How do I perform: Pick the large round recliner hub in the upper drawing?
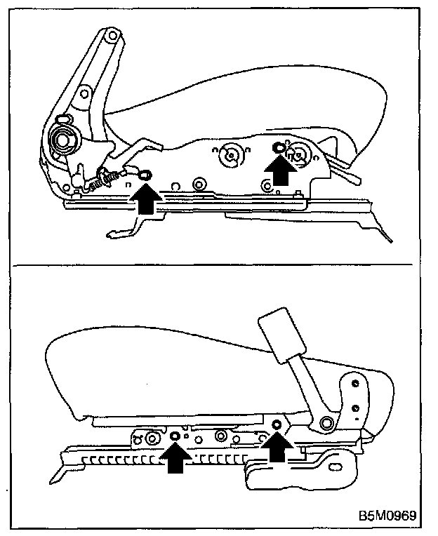pos(62,140)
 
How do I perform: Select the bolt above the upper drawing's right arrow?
pos(279,147)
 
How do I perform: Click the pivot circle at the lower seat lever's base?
pos(326,422)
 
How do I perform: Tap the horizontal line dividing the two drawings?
pos(218,266)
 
